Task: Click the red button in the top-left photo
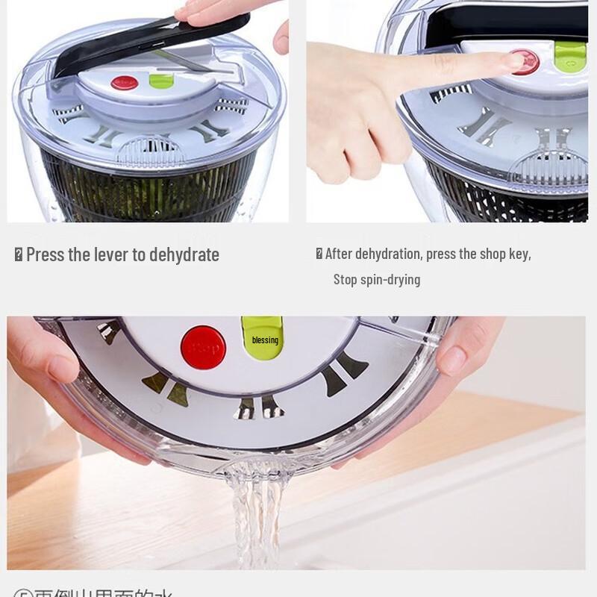124,82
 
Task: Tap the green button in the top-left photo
161,80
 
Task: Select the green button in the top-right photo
570,56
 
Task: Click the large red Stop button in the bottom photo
203,347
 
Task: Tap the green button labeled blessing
263,339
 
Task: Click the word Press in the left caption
45,254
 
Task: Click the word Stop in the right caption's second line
345,280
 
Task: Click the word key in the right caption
519,254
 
